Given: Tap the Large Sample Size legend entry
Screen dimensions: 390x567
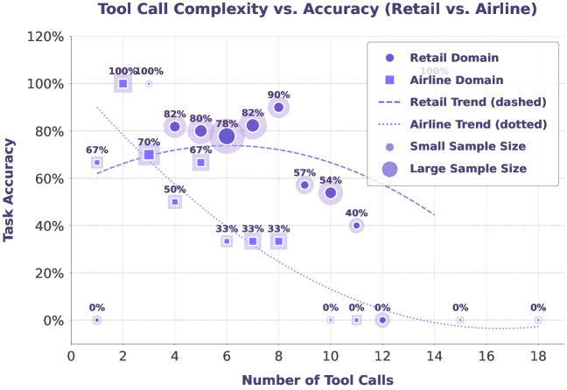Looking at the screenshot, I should (467, 168).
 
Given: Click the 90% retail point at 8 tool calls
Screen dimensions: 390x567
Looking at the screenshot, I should (278, 108).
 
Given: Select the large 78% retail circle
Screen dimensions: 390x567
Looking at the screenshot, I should (227, 136).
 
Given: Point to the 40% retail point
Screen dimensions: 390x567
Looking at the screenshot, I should (356, 226).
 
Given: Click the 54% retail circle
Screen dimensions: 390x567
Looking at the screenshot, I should (331, 193).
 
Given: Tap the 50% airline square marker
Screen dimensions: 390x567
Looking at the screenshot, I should (175, 202).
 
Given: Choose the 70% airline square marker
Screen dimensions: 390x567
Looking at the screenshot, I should (149, 155).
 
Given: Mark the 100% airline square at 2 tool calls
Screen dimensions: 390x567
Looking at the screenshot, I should (123, 84).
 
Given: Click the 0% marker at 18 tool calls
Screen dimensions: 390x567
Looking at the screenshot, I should (538, 320).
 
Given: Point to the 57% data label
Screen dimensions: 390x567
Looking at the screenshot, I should (304, 172).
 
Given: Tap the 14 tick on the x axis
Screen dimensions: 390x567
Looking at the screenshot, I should (434, 357).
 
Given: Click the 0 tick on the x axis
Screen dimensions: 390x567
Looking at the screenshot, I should (71, 357).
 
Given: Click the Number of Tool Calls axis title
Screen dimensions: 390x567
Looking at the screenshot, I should (317, 380).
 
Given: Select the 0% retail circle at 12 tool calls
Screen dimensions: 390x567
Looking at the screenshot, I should (382, 320).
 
